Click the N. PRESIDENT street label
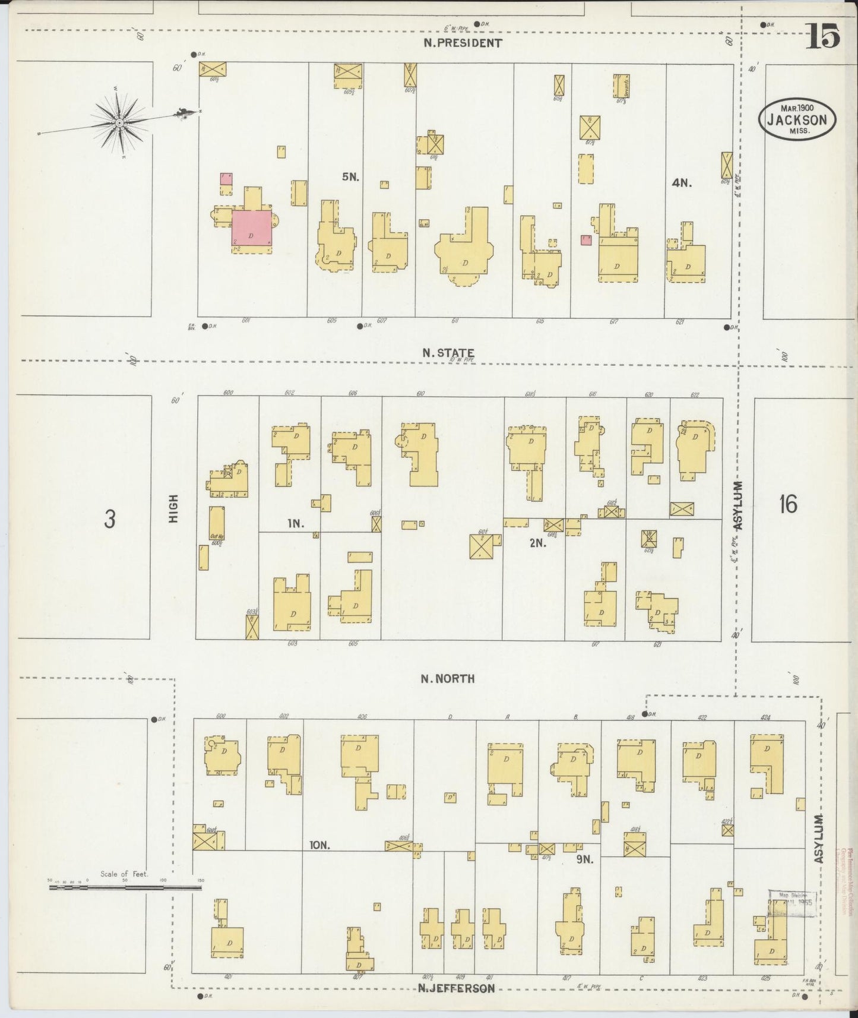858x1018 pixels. tap(463, 43)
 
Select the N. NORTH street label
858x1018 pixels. tap(448, 678)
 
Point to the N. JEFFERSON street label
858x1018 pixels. tap(456, 988)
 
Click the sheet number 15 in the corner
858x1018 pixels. tap(823, 37)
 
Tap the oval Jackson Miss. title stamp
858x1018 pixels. tap(797, 119)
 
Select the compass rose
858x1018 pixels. tap(119, 123)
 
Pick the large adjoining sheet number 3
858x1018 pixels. tap(109, 519)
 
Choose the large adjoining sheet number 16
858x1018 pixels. tap(787, 505)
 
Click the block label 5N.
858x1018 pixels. tap(350, 176)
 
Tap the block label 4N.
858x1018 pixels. tap(681, 183)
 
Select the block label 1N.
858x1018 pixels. tap(295, 523)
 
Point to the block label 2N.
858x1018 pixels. tap(537, 542)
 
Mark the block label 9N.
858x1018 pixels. tap(585, 858)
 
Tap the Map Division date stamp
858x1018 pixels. tap(792, 903)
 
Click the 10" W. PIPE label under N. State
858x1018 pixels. tap(461, 360)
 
